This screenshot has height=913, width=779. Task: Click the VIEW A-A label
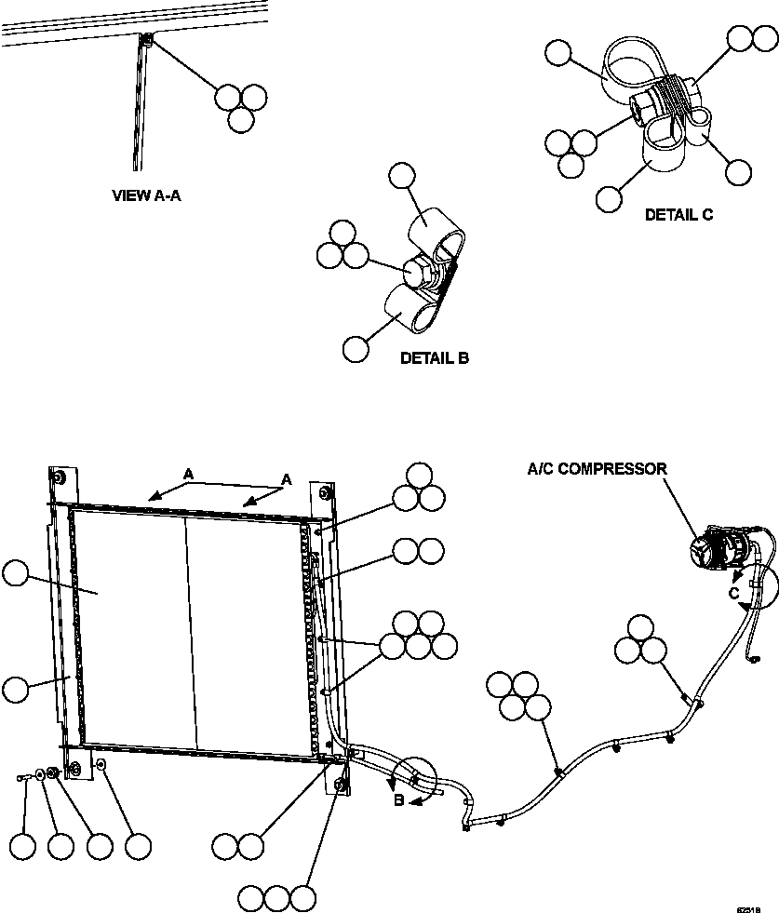click(x=145, y=195)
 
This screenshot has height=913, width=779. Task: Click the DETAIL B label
click(x=434, y=357)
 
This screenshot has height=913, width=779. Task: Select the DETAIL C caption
click(x=679, y=214)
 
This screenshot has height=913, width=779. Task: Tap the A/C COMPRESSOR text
click(x=598, y=469)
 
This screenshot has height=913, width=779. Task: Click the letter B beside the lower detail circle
click(x=397, y=798)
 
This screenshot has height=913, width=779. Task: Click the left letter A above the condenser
click(x=188, y=475)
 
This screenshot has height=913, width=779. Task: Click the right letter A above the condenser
click(x=287, y=478)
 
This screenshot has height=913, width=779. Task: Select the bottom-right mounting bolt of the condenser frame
click(x=340, y=787)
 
